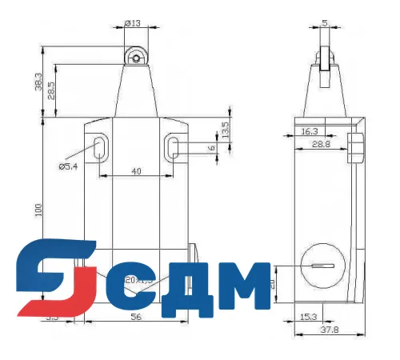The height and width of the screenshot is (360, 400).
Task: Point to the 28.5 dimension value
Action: click(52, 90)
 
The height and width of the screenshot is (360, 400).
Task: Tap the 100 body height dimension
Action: click(38, 210)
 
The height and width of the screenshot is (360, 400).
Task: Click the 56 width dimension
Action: click(136, 318)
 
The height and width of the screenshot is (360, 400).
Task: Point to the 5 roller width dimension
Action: click(324, 23)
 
